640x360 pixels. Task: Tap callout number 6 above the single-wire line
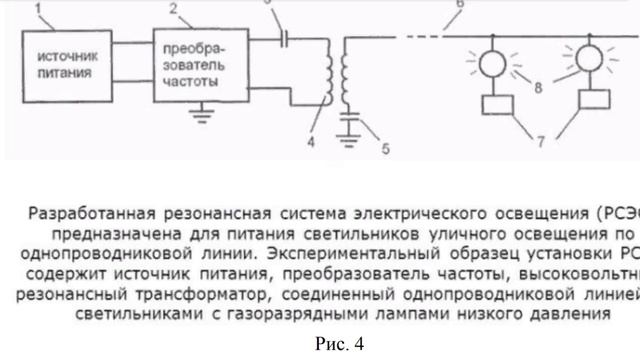click(516, 6)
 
